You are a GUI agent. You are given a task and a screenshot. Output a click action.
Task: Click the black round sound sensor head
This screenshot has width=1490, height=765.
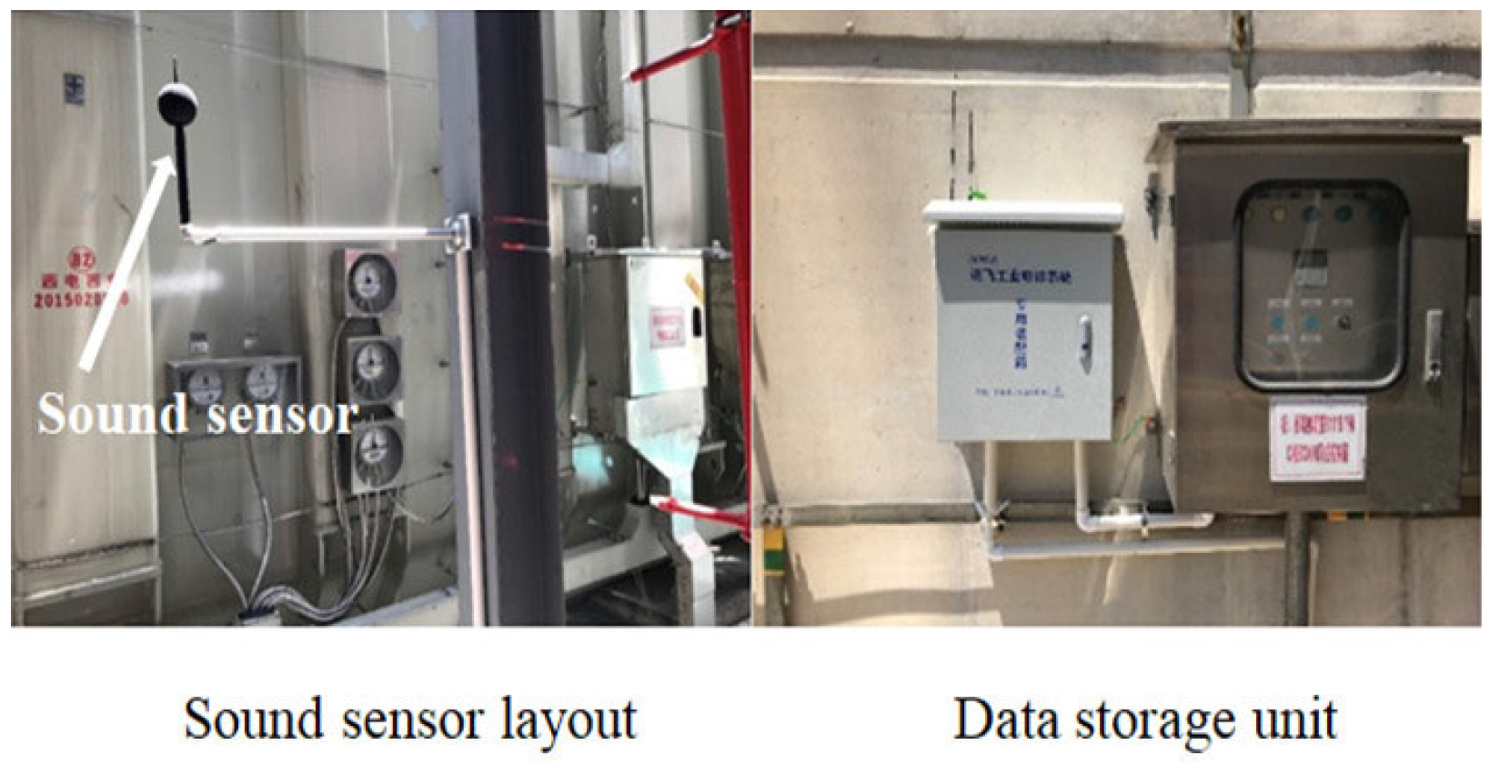click(x=173, y=103)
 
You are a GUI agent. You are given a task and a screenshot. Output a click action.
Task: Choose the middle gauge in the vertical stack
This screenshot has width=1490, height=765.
click(x=375, y=367)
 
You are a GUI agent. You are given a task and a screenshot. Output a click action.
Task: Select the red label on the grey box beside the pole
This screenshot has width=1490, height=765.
click(x=667, y=327)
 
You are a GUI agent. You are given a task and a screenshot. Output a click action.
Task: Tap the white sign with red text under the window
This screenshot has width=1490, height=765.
click(x=1317, y=440)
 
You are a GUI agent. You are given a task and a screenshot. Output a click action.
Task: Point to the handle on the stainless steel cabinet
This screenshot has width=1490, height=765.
click(x=1433, y=345)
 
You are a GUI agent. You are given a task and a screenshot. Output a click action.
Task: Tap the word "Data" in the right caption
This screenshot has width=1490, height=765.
click(x=1006, y=720)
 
